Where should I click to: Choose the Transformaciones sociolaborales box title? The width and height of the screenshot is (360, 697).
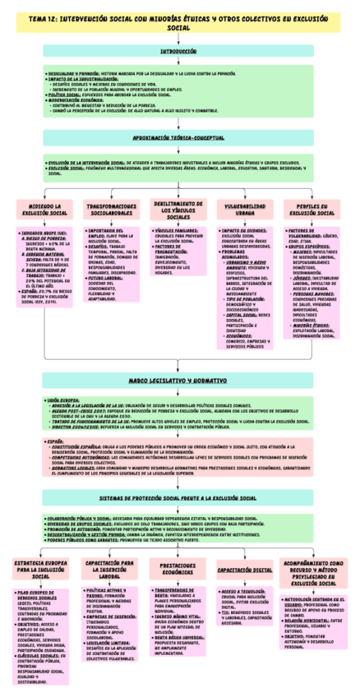coord(110,210)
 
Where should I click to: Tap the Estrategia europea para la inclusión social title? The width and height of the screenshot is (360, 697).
coord(39,569)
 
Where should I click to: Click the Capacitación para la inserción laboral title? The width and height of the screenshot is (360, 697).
coord(110,569)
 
